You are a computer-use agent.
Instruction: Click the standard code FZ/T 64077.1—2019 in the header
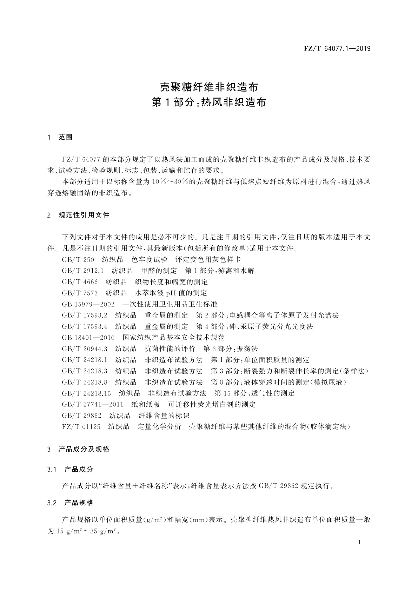pos(337,48)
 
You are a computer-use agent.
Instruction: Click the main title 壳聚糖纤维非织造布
pos(209,86)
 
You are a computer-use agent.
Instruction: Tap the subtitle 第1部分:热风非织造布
pos(209,102)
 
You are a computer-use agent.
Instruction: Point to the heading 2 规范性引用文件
pos(78,215)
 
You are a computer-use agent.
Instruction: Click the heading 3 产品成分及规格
pos(78,449)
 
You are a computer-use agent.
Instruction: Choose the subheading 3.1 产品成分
pos(70,469)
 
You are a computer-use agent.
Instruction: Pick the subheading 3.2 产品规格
pos(70,503)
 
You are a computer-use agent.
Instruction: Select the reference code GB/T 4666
pos(80,282)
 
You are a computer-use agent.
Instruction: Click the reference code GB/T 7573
pos(80,293)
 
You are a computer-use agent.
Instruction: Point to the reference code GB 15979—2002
pos(88,304)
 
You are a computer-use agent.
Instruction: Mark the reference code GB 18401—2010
pos(88,338)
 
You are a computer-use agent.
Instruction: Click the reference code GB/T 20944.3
pos(85,349)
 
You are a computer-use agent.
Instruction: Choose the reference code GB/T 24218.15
pos(86,393)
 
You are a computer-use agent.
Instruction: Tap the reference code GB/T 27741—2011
pos(93,404)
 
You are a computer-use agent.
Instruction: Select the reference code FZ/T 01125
pos(81,427)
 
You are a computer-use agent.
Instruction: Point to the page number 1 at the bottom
pos(360,542)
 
